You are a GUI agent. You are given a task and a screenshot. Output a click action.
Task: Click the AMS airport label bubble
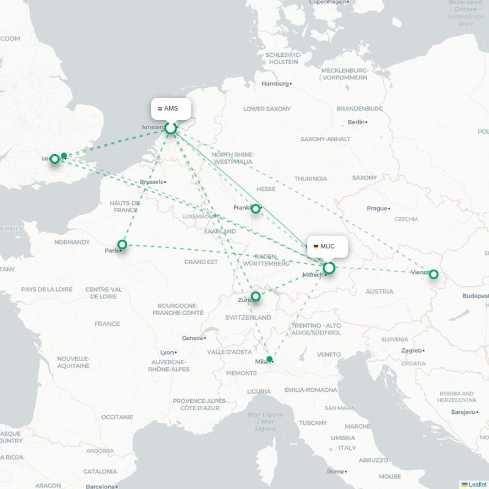click(x=171, y=108)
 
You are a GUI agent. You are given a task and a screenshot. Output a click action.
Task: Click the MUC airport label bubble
click(x=328, y=246)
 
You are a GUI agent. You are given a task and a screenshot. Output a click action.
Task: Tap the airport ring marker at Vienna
click(x=433, y=274)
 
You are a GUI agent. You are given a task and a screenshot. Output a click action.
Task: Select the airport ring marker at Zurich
click(x=256, y=296)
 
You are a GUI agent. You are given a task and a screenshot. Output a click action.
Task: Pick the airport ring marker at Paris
click(x=122, y=244)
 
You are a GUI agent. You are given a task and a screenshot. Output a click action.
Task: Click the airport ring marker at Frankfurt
click(x=256, y=208)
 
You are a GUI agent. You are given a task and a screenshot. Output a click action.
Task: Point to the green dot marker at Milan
click(x=270, y=359)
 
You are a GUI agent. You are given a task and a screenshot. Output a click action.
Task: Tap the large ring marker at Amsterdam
click(x=171, y=128)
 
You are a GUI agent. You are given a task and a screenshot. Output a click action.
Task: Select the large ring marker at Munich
click(x=329, y=268)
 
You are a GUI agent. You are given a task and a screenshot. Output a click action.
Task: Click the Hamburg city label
click(x=274, y=84)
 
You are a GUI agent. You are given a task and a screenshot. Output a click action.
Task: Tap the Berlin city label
click(x=356, y=122)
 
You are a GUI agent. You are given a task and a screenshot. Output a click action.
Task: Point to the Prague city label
click(x=377, y=208)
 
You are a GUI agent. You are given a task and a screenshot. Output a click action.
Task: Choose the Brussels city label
click(x=152, y=182)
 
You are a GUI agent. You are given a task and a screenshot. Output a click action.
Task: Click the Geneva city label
click(x=192, y=338)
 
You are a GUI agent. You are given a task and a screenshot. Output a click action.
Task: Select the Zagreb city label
click(x=411, y=351)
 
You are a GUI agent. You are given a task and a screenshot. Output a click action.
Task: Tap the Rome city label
click(x=334, y=471)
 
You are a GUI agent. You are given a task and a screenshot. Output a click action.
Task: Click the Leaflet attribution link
click(x=477, y=484)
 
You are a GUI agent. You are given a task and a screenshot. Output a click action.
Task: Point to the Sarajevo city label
click(x=462, y=412)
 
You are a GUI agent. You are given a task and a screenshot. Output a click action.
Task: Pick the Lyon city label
click(x=166, y=353)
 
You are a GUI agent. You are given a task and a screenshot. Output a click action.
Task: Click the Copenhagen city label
click(x=327, y=2)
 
